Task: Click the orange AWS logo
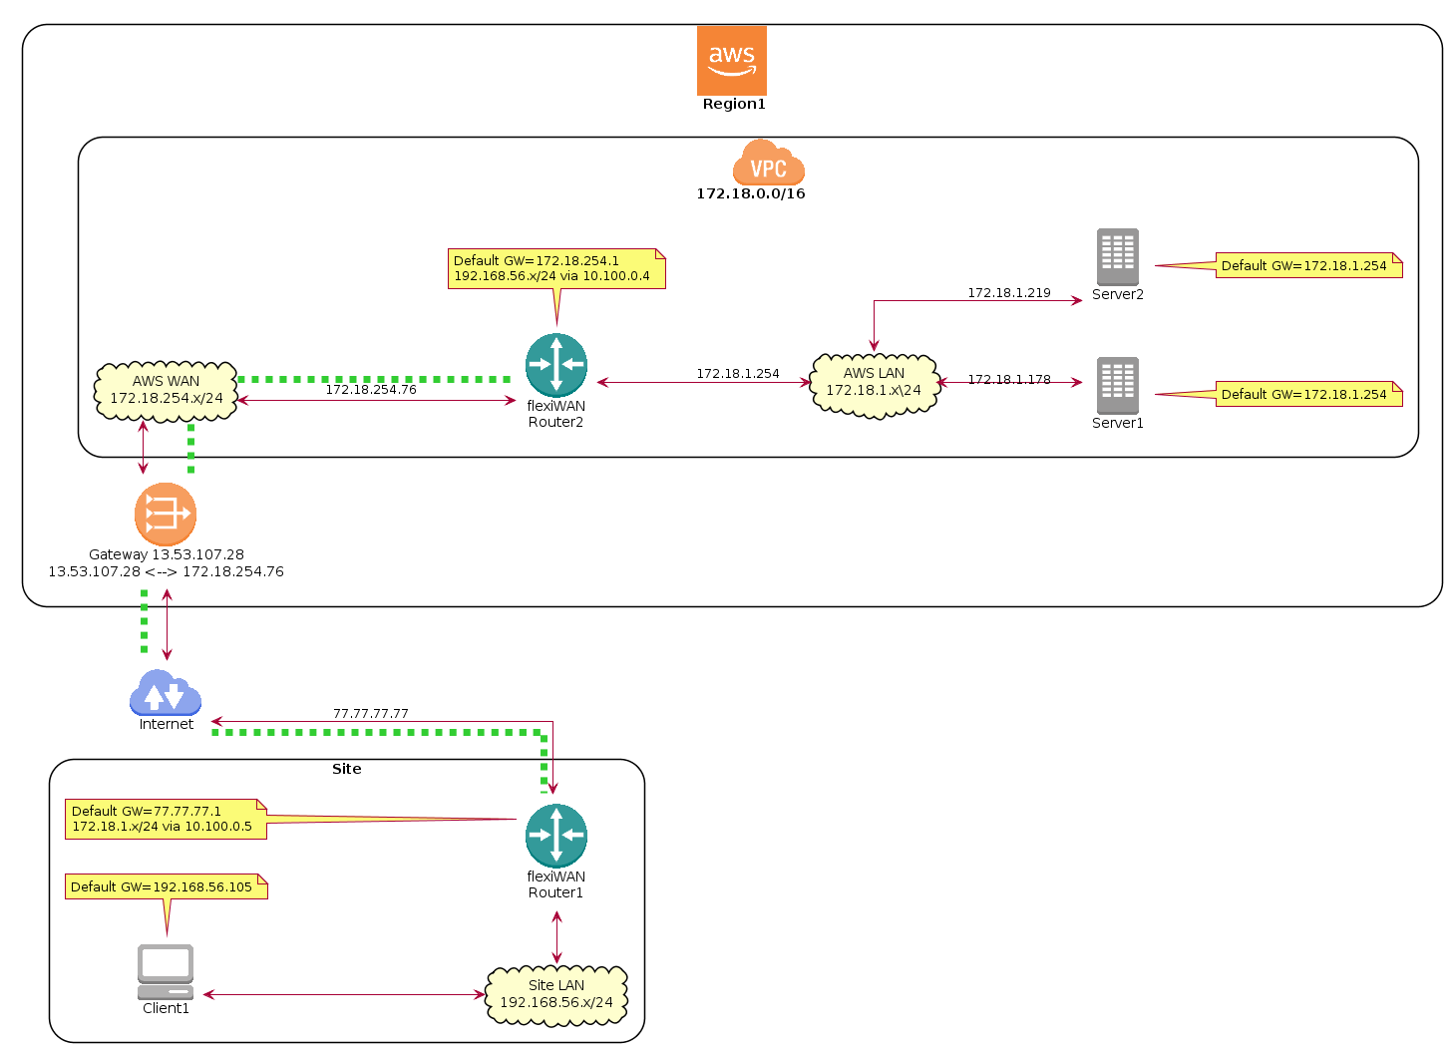pyautogui.click(x=731, y=61)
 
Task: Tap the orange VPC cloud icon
pyautogui.click(x=768, y=164)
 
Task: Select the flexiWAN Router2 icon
pyautogui.click(x=555, y=365)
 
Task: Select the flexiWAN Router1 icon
pyautogui.click(x=555, y=836)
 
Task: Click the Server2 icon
pyautogui.click(x=1117, y=257)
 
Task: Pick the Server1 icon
pyautogui.click(x=1117, y=386)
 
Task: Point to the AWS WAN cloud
pyautogui.click(x=166, y=390)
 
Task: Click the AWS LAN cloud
pyautogui.click(x=874, y=383)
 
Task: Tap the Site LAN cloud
pyautogui.click(x=555, y=994)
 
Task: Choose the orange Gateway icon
pyautogui.click(x=165, y=515)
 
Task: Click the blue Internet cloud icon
pyautogui.click(x=165, y=692)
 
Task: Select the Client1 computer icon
pyautogui.click(x=165, y=971)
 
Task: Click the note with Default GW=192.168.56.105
pyautogui.click(x=167, y=886)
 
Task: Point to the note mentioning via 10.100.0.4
pyautogui.click(x=556, y=268)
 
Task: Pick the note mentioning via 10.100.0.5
pyautogui.click(x=166, y=819)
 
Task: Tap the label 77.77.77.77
pyautogui.click(x=370, y=714)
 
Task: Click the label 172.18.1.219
pyautogui.click(x=1008, y=293)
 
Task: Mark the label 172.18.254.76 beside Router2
pyautogui.click(x=370, y=390)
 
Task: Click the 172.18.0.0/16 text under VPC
pyautogui.click(x=750, y=193)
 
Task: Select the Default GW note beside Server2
pyautogui.click(x=1307, y=265)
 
